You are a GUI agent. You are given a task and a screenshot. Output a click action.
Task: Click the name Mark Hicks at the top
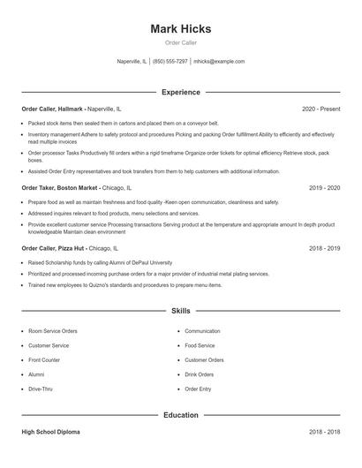180,29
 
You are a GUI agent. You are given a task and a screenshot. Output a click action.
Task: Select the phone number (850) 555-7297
170,62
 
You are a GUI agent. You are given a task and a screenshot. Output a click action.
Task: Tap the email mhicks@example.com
219,62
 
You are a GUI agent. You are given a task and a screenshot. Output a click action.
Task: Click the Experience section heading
180,92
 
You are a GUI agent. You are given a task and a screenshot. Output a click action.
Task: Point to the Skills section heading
180,312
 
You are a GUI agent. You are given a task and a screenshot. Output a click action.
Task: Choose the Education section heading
180,414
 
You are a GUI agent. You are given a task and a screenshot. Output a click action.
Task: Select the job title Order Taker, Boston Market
59,188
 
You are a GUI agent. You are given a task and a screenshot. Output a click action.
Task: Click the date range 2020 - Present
321,109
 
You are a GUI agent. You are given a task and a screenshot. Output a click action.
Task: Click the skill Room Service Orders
53,331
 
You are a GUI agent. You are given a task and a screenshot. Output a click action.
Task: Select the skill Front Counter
44,360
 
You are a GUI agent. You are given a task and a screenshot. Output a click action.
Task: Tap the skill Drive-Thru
41,389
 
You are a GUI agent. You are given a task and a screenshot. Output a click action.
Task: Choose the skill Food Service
200,345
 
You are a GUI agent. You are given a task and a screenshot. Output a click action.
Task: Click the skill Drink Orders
200,374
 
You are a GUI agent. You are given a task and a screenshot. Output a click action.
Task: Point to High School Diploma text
50,432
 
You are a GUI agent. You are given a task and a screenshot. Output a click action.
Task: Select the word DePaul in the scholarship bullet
119,263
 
